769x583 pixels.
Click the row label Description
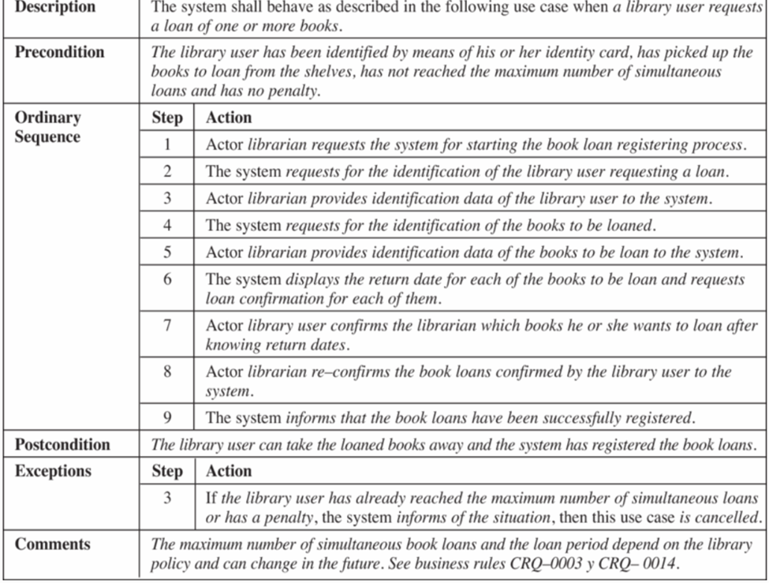55,7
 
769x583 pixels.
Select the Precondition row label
59,52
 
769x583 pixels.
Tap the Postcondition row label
62,444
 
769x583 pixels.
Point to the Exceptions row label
53,471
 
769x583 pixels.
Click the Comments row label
53,544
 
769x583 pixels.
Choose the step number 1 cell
166,144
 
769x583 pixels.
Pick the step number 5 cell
166,252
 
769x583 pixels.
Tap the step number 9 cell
166,417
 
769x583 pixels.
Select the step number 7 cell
166,325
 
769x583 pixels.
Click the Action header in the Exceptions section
229,471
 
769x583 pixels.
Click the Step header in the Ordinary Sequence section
166,118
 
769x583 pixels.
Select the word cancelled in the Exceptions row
730,518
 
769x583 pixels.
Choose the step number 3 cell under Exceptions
166,498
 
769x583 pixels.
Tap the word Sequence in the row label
47,136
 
